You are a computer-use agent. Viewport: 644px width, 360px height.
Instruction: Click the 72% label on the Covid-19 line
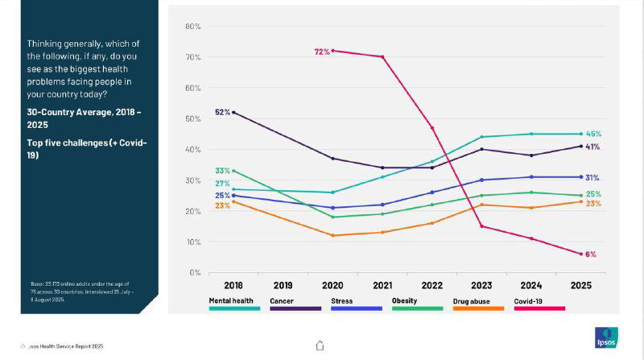pos(322,52)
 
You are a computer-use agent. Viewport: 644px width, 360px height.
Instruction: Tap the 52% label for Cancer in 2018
pos(223,112)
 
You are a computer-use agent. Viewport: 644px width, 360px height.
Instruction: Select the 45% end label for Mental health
pos(593,134)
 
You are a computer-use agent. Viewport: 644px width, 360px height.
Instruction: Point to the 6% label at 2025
pos(590,254)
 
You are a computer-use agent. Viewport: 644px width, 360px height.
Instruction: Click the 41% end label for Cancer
pos(593,147)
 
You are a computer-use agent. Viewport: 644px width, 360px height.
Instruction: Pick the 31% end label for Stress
pos(593,177)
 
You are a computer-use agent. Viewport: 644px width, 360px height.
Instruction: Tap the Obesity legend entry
pos(404,301)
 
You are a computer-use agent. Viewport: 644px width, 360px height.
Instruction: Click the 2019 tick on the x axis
pos(283,285)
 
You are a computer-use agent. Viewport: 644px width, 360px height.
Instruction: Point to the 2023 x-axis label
pos(481,285)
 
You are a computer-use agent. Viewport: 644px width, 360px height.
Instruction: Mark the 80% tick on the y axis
pos(193,27)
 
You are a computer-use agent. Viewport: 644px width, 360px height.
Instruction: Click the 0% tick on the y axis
pos(195,272)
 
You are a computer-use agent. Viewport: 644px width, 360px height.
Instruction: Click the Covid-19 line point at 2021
pos(382,57)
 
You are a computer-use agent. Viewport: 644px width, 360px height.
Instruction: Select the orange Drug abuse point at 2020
pos(332,235)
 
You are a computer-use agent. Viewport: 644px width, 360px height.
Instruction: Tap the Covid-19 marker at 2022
pos(431,128)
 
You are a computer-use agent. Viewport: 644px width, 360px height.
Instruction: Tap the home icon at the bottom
pos(320,346)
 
